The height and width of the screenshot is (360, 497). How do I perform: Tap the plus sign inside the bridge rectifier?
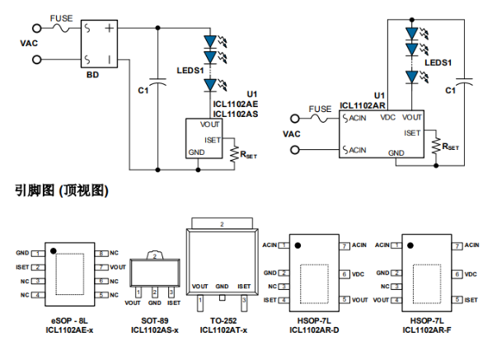[x=110, y=28]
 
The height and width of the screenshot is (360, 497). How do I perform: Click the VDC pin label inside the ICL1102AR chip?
[x=387, y=118]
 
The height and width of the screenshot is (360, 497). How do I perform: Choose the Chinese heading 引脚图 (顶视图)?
[x=61, y=190]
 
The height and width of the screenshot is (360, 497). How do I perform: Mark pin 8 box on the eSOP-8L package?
[x=101, y=253]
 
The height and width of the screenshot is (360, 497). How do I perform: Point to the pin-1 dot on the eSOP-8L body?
[x=52, y=249]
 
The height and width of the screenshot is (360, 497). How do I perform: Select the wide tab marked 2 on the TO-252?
[x=221, y=223]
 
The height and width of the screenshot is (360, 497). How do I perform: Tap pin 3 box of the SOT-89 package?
[x=171, y=292]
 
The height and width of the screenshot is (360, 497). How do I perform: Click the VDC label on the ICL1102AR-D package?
[x=358, y=273]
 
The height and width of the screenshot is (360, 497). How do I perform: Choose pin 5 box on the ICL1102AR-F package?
[x=457, y=300]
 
